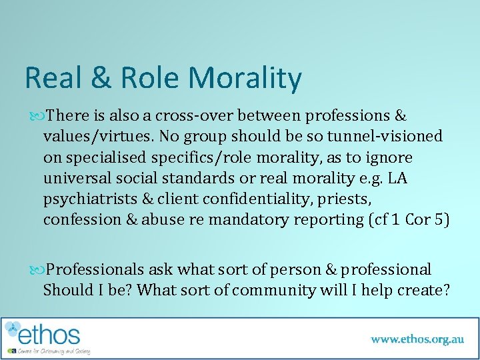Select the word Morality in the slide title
click(x=245, y=78)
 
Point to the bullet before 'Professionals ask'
click(x=35, y=270)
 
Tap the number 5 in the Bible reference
click(x=438, y=221)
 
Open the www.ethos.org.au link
click(x=417, y=339)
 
